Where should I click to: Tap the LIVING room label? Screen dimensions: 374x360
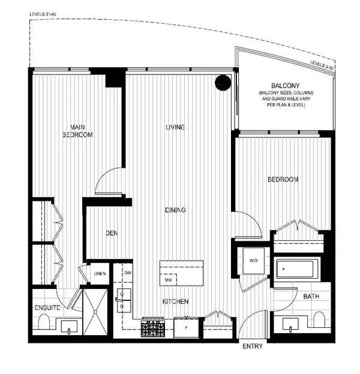175,127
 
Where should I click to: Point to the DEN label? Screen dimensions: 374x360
111,233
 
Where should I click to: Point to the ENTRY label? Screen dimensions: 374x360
253,347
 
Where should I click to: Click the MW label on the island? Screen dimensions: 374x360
169,280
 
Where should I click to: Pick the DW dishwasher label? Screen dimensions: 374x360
128,273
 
